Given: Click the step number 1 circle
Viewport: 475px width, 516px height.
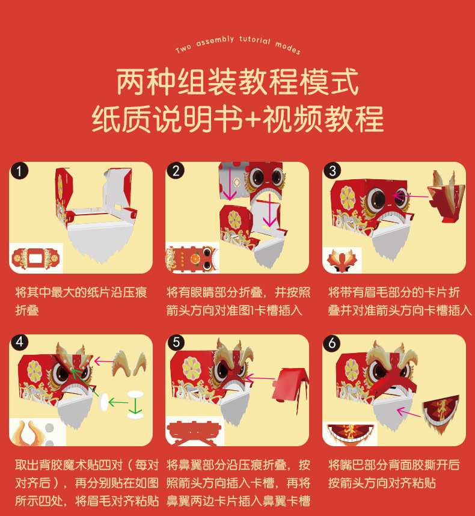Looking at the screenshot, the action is coord(19,171).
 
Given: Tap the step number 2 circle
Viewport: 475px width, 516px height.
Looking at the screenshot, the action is coord(176,171).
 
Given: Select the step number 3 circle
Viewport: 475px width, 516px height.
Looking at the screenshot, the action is coord(332,171).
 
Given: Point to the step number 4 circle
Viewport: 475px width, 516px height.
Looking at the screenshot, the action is coord(19,343).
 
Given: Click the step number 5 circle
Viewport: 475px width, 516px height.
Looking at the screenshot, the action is coord(176,343).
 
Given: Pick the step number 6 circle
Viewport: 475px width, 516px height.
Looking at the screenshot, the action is coord(332,343).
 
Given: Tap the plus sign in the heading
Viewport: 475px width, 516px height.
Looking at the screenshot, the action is coord(253,119).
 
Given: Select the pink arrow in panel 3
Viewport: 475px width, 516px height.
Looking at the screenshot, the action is coord(411,197).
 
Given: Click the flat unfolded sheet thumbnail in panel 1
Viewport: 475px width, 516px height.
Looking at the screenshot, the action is coord(35,259).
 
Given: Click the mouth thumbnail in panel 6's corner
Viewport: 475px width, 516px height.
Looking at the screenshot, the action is coord(350,434).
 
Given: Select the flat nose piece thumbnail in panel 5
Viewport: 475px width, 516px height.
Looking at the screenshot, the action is coord(194,432).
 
